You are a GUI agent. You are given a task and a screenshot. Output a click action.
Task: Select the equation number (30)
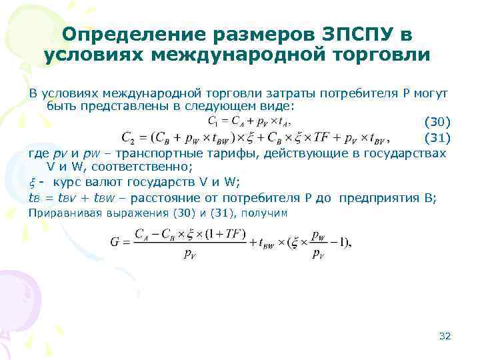[x=437, y=121]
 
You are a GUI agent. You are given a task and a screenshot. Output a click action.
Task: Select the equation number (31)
[x=437, y=138]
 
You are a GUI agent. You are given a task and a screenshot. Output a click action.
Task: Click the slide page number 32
[x=445, y=335]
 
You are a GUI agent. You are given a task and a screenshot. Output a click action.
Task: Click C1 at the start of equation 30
[x=213, y=121]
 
